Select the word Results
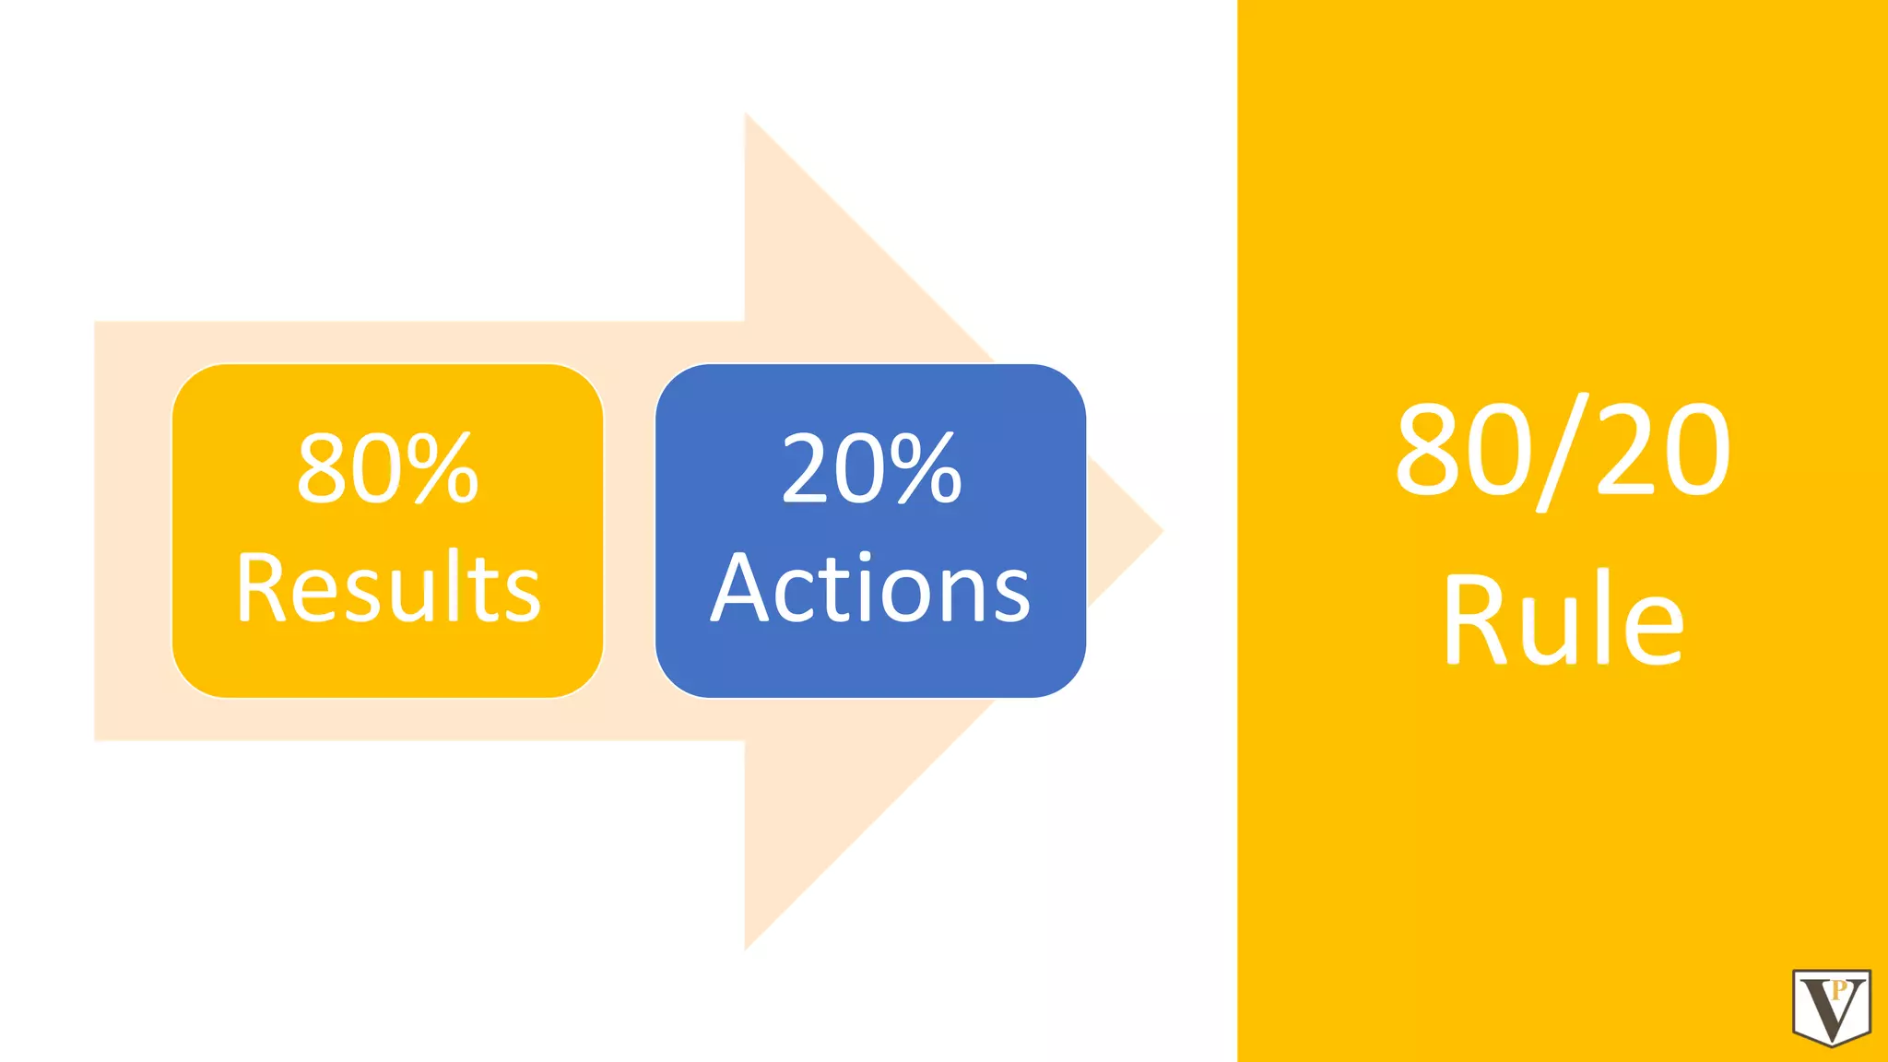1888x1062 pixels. (388, 587)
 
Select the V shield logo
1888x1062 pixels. (1831, 1007)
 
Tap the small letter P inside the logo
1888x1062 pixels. (1839, 990)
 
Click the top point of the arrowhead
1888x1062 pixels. (747, 118)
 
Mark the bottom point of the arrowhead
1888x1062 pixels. (747, 946)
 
